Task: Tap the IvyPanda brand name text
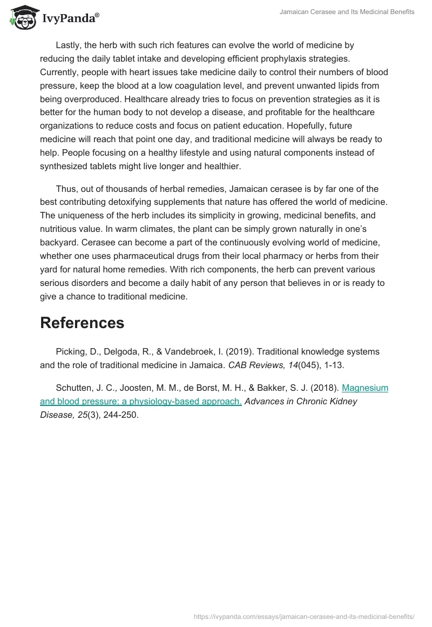tap(70, 18)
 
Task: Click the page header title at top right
tap(347, 12)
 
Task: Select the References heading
tap(82, 323)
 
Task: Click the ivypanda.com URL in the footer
tap(303, 616)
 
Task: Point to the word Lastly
tap(70, 45)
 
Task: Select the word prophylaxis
tap(265, 58)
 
